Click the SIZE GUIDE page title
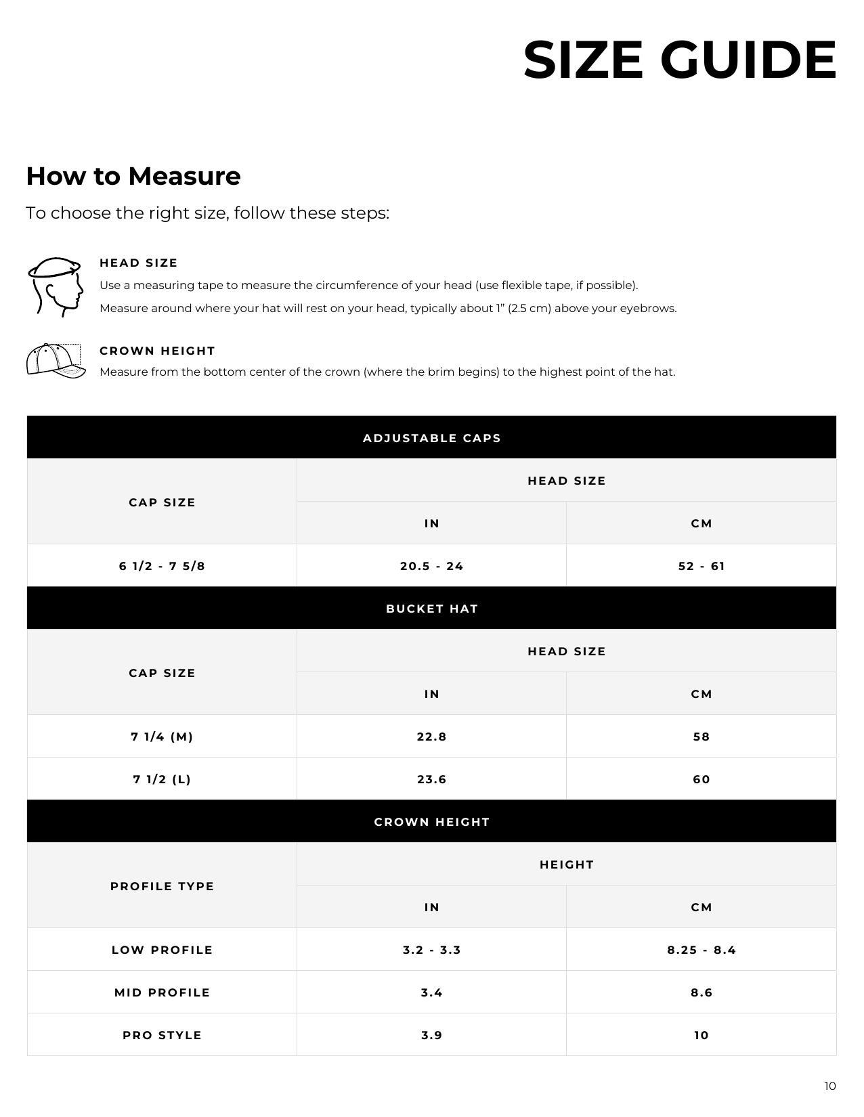(x=680, y=60)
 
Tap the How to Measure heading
(x=133, y=176)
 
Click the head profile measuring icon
(x=56, y=286)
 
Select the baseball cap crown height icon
(x=56, y=360)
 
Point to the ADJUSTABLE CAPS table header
(x=431, y=438)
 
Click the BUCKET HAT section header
(x=431, y=609)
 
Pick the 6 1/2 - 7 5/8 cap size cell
(x=162, y=566)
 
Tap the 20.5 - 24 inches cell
(x=431, y=566)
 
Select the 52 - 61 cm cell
(x=701, y=566)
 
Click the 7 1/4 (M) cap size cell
(x=162, y=737)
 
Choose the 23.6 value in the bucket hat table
(x=431, y=779)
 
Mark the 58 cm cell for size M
(x=701, y=737)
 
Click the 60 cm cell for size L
(x=701, y=779)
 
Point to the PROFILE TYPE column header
(x=162, y=886)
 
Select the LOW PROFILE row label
(x=162, y=950)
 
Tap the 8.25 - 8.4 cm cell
(x=701, y=950)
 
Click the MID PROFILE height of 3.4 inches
(x=431, y=992)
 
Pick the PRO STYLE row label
(x=162, y=1035)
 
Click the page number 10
(x=829, y=1087)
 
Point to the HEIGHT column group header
(x=566, y=864)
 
